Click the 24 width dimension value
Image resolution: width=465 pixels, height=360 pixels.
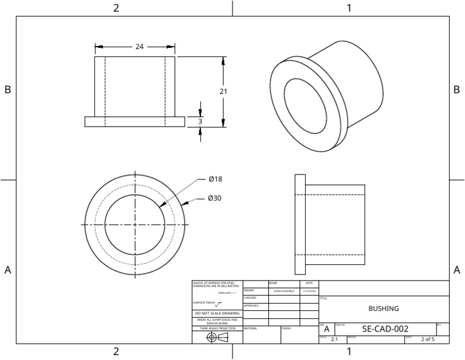point(139,47)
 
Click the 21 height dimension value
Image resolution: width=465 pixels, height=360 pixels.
point(223,91)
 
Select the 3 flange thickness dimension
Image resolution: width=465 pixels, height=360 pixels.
point(200,122)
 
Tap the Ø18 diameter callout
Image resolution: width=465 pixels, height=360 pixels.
point(216,179)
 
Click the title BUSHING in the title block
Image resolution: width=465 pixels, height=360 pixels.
point(383,308)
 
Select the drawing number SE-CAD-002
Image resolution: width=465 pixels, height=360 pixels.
point(384,329)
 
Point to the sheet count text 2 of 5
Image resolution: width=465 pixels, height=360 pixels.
point(427,339)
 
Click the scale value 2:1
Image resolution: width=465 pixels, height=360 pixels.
point(334,340)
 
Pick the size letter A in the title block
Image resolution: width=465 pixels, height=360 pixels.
point(326,329)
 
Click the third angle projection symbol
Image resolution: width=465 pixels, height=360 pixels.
point(217,338)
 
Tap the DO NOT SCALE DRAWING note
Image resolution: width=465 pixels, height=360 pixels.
point(217,313)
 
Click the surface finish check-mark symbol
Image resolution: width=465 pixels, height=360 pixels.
point(219,304)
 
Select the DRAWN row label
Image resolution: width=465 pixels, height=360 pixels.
point(248,291)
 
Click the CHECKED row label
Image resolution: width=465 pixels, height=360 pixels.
point(250,298)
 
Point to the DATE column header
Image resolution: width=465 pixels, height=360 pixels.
point(309,283)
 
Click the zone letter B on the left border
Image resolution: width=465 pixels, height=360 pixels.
point(8,90)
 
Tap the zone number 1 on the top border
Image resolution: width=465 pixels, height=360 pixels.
point(349,8)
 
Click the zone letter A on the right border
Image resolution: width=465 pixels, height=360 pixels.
point(457,270)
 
